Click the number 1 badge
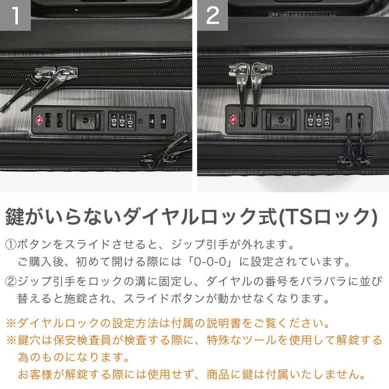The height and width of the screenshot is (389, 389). click(15, 15)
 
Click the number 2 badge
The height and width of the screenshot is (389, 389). click(212, 15)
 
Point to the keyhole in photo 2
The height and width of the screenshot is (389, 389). click(282, 120)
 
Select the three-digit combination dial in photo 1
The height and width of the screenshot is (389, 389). click(122, 120)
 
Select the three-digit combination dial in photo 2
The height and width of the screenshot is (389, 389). click(318, 120)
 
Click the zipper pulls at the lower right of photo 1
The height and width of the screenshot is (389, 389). click(167, 152)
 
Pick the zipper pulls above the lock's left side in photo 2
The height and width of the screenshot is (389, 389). click(247, 89)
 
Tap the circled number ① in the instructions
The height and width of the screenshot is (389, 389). click(11, 245)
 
